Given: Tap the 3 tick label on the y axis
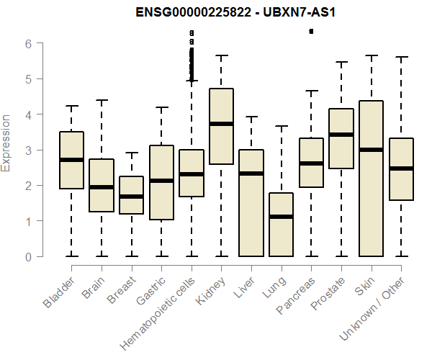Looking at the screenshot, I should click(x=30, y=150).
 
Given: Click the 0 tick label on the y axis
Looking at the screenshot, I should click(x=30, y=256).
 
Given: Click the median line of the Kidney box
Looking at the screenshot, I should click(x=221, y=124).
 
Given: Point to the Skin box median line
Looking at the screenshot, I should click(x=372, y=150).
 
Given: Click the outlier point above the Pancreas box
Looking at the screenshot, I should click(x=311, y=31).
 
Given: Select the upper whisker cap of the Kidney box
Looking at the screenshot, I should click(x=221, y=55).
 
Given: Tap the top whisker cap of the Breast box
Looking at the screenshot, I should click(x=131, y=153).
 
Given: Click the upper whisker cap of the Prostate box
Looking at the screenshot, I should click(x=341, y=62).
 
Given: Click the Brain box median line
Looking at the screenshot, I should click(x=101, y=187).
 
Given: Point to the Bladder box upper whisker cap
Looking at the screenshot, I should click(x=71, y=106).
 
